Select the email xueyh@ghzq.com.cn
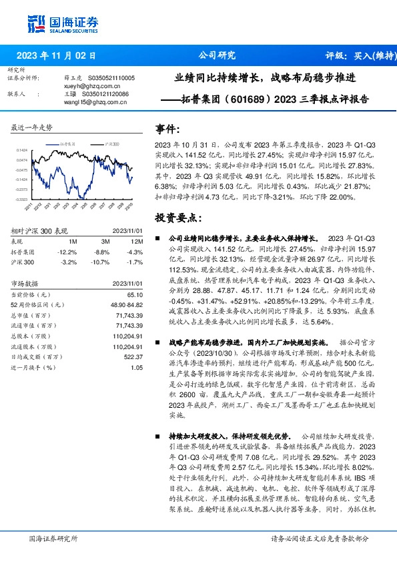pos(84,86)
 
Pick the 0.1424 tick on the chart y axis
pos(23,151)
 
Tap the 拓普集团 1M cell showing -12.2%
pos(68,252)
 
